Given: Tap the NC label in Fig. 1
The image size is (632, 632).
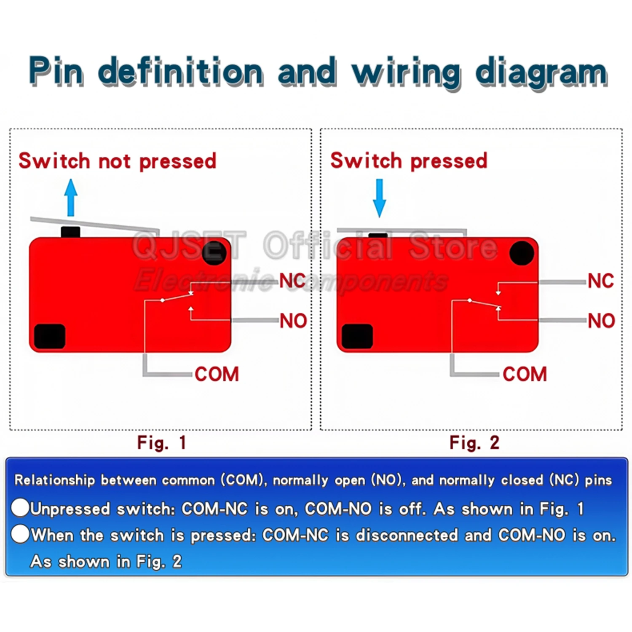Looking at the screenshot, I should tap(292, 281).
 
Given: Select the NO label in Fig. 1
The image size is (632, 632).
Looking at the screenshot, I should tap(294, 321).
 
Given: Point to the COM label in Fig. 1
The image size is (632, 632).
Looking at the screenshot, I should tap(217, 374).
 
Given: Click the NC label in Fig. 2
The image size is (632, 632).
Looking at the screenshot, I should tap(601, 281).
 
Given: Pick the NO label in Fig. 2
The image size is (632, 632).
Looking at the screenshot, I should tap(602, 321).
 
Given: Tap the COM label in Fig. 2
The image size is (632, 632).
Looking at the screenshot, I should tap(525, 374).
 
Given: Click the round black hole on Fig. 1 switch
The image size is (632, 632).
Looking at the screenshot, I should tap(214, 253).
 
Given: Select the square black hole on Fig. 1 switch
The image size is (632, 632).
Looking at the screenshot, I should tap(50, 336).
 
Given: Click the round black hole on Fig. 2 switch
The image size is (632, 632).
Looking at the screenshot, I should tap(522, 253).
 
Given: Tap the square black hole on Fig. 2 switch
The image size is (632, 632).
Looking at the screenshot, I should tap(357, 336).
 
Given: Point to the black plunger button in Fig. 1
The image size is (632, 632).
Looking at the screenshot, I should tap(70, 232).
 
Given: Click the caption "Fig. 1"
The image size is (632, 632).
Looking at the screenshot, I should tap(162, 443).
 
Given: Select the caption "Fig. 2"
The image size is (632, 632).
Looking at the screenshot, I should tap(474, 443).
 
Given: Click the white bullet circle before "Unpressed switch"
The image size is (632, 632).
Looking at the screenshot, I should tap(20, 508).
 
